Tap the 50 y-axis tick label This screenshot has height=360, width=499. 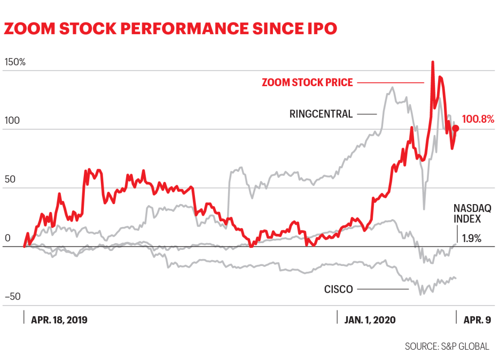coord(9,179)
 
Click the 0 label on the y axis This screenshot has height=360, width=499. coord(7,238)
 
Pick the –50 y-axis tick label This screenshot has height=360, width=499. coord(12,296)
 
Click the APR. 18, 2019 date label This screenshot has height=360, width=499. coord(59,320)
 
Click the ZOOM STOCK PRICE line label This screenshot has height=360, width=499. coord(307,82)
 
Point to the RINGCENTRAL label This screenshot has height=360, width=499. coord(321,114)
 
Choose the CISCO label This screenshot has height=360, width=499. coord(338,289)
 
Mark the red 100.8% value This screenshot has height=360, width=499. coord(478,118)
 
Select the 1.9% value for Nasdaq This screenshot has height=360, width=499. coord(471,239)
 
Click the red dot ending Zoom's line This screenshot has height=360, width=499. coord(456,129)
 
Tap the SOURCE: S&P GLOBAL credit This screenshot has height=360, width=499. coord(446,347)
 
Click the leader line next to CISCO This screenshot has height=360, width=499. coord(382,289)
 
